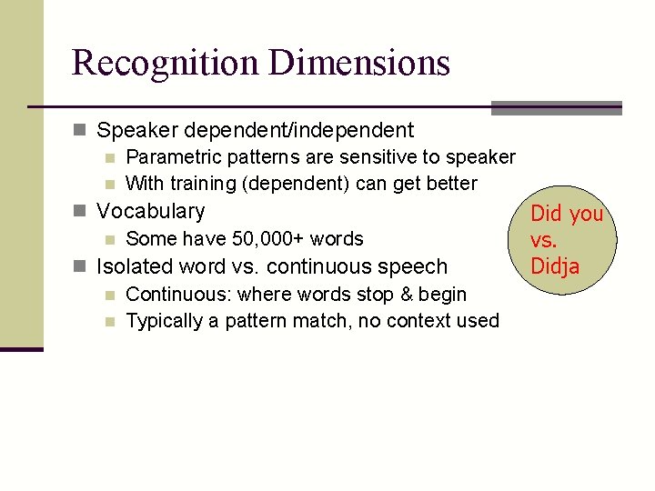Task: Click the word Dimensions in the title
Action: coord(358,63)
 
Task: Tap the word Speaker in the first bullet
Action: coord(134,131)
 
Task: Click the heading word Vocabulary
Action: coord(151,212)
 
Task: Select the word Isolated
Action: coord(134,267)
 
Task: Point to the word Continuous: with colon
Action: coord(178,295)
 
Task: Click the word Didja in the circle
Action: coord(555,266)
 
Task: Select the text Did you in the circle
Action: coord(567,214)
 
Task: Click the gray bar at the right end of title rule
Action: coord(556,107)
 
